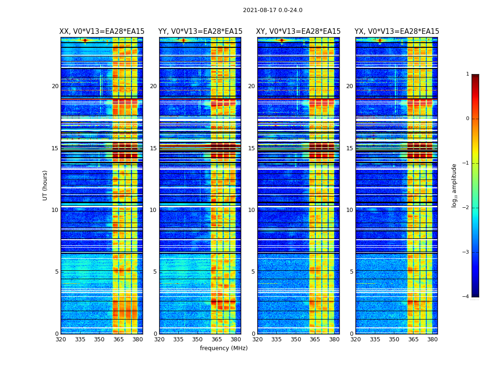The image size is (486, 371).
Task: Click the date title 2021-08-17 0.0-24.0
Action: tap(273, 10)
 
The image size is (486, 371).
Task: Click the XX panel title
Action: tap(102, 32)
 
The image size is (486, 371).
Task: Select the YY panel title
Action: tap(200, 32)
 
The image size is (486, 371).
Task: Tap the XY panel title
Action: tap(299, 32)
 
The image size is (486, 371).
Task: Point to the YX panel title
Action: tap(397, 32)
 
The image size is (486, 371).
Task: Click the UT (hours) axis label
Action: tap(45, 185)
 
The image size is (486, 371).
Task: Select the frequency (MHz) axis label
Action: tap(224, 348)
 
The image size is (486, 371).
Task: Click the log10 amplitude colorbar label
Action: tap(455, 185)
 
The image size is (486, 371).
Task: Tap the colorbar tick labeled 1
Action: tap(467, 74)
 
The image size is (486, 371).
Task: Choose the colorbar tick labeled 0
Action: tap(467, 119)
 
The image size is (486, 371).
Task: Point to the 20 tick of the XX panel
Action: tap(55, 86)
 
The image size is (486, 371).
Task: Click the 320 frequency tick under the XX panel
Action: tap(61, 339)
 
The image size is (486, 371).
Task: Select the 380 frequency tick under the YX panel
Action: tap(432, 339)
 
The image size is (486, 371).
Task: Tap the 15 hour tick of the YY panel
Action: tap(153, 148)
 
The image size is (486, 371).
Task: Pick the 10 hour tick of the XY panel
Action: tap(251, 210)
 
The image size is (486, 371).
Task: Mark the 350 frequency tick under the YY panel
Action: tap(198, 339)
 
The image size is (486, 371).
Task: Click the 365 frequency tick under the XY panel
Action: tap(315, 339)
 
